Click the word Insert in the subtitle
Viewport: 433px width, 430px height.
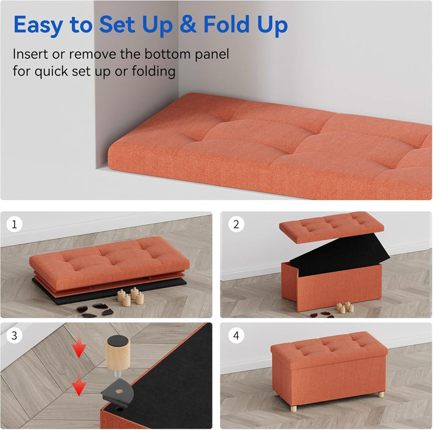coord(32,54)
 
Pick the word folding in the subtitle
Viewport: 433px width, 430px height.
coord(154,71)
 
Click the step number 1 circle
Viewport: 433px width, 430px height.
coord(14,225)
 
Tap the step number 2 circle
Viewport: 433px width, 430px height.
coord(235,225)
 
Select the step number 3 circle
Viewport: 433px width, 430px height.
coord(14,336)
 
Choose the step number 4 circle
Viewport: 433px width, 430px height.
coord(235,336)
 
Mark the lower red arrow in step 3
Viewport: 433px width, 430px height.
coord(78,386)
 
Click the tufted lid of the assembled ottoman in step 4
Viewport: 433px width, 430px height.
coord(329,349)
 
